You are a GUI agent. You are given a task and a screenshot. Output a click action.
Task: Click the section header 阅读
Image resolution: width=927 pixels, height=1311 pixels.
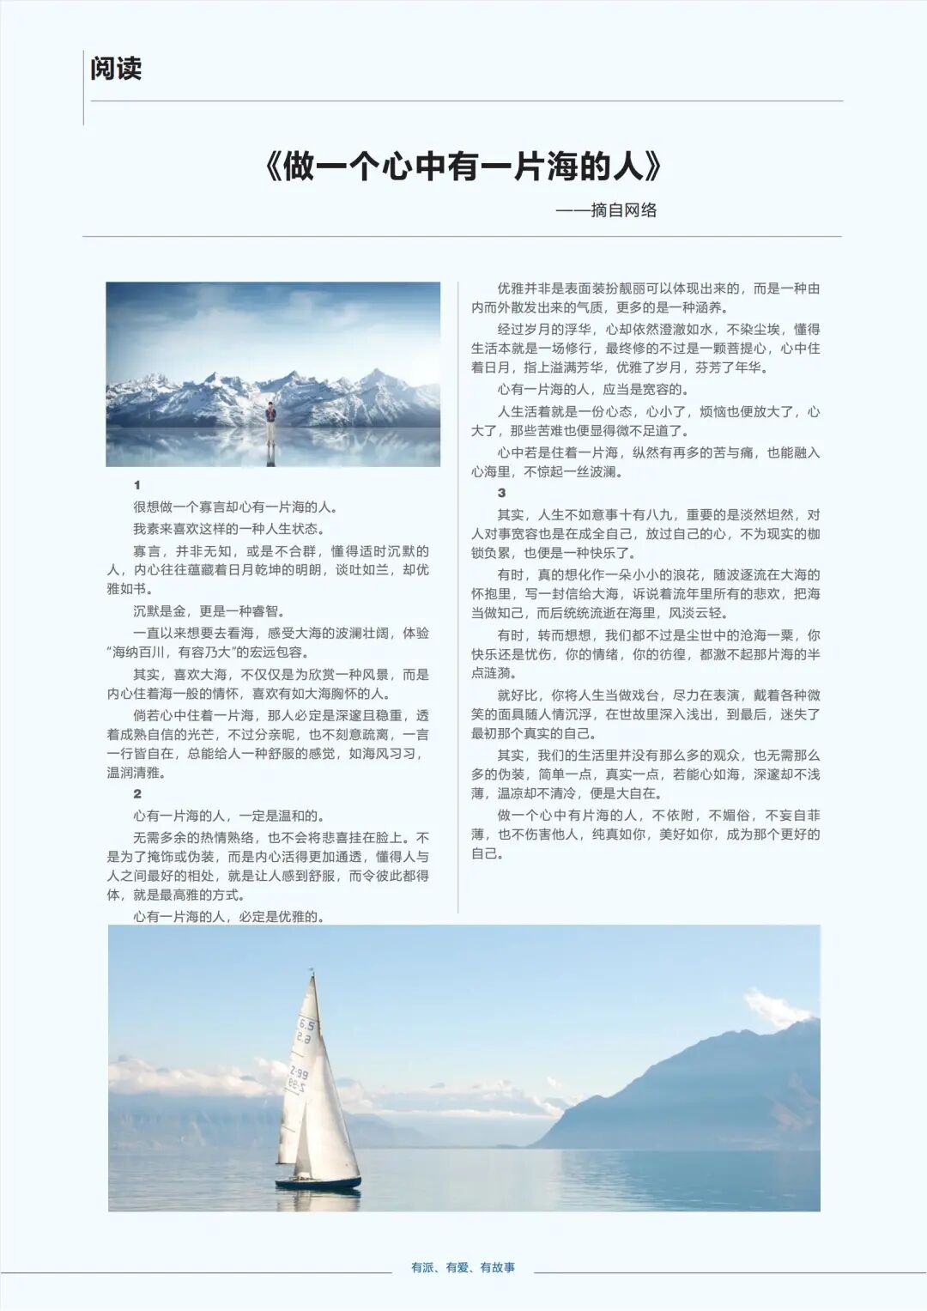(116, 69)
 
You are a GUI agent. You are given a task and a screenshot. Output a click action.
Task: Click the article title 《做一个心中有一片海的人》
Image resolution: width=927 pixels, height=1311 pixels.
(463, 167)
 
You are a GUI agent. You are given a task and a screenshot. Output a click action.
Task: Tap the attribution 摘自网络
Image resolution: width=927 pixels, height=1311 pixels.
(623, 210)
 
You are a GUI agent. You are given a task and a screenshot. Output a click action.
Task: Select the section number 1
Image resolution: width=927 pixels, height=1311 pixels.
(136, 485)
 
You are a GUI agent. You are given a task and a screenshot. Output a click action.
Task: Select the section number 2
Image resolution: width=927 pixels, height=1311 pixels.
(136, 794)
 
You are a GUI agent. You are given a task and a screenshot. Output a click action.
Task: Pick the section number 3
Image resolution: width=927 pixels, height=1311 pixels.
(501, 493)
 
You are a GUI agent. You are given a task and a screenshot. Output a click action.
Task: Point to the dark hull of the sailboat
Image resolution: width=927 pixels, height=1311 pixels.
(318, 1184)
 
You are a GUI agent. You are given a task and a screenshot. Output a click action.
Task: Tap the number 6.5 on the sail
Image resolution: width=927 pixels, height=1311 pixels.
(306, 1024)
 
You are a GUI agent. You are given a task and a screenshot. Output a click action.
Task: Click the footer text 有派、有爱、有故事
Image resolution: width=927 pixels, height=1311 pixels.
(463, 1267)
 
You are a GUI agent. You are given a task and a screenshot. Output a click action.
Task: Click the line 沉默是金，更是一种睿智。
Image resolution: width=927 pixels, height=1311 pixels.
(209, 611)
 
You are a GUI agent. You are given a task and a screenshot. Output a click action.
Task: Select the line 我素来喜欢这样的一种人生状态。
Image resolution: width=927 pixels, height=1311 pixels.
(228, 529)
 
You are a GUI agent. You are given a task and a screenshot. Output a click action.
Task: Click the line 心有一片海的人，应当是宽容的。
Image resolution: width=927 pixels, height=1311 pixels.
(591, 390)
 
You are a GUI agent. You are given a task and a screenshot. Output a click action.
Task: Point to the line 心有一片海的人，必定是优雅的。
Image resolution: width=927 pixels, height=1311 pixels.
(228, 916)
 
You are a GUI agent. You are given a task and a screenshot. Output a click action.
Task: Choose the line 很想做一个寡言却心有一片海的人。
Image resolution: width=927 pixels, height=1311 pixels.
(235, 507)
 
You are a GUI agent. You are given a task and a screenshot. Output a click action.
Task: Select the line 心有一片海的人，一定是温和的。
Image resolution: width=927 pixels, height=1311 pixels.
(228, 816)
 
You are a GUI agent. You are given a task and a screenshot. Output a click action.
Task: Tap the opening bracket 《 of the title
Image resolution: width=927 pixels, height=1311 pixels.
(274, 167)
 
